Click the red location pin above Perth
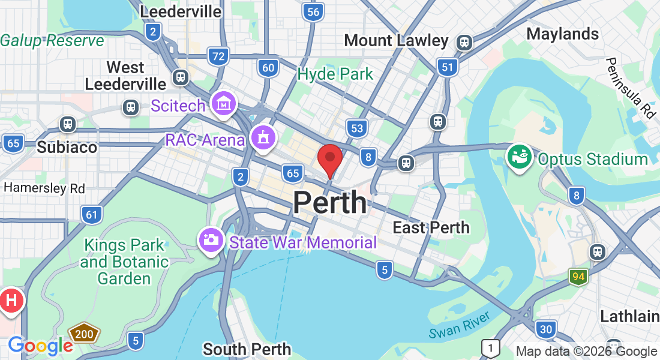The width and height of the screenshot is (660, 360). coord(329,158)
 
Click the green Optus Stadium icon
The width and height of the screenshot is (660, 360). coord(519,156)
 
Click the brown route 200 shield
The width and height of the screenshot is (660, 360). coord(84,334)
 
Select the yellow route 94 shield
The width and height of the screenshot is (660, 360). coord(578,277)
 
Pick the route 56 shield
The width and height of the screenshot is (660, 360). coord(313,11)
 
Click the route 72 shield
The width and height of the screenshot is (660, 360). coord(219,57)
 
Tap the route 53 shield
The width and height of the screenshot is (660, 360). coord(357,128)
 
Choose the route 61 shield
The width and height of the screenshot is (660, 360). coord(91,215)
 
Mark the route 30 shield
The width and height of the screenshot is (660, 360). coord(546,329)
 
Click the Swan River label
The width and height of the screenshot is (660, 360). coord(460,324)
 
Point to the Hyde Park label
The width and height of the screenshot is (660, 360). coord(335,74)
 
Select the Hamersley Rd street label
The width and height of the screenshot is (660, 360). coord(44,188)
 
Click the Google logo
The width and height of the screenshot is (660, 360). coord(40,345)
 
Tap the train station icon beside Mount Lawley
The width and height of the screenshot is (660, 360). coord(464,42)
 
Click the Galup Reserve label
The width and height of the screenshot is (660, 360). coord(52,41)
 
